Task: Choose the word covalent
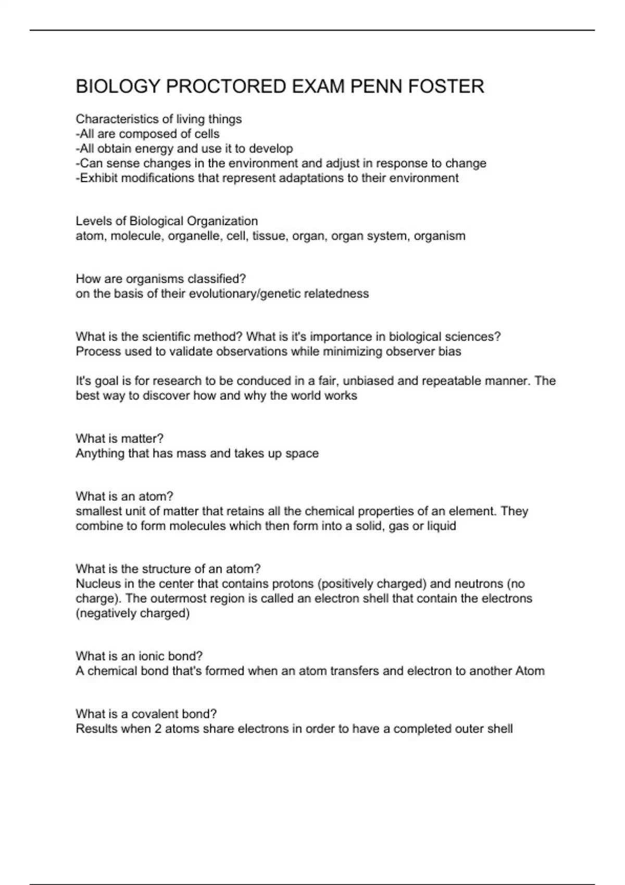[x=157, y=714]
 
